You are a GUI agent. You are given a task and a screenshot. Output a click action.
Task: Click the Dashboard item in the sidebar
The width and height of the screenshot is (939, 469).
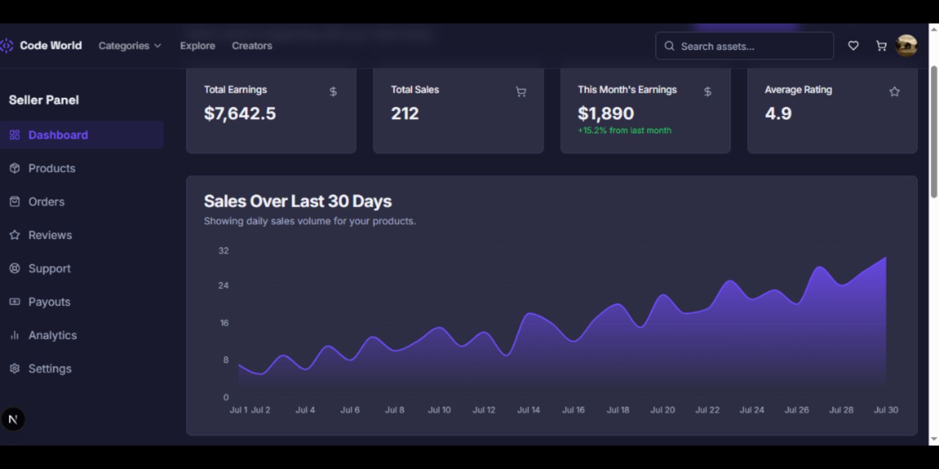click(x=58, y=135)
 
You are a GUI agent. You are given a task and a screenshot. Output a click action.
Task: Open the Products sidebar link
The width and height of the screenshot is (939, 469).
click(x=52, y=168)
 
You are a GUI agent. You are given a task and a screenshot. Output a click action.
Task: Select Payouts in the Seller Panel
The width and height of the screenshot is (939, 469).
click(x=49, y=302)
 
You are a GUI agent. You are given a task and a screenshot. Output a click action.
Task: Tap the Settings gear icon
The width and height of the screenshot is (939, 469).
click(x=15, y=369)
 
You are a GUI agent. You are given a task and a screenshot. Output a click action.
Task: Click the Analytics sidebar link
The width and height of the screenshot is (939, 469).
click(x=52, y=335)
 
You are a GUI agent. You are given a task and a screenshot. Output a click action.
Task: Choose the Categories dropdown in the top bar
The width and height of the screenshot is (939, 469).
click(x=130, y=46)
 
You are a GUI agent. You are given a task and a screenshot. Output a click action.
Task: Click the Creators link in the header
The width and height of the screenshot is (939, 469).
click(x=252, y=46)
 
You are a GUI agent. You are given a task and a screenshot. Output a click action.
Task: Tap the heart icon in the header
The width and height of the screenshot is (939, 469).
click(x=853, y=46)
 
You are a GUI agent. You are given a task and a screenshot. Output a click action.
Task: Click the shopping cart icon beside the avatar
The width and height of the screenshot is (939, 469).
click(x=881, y=46)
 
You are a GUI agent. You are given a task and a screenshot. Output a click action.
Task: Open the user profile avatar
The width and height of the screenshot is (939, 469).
click(x=907, y=46)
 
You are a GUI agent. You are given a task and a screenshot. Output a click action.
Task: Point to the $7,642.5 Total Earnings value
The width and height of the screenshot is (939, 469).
click(x=240, y=114)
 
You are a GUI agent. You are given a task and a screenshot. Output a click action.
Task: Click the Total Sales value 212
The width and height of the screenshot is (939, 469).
click(x=405, y=114)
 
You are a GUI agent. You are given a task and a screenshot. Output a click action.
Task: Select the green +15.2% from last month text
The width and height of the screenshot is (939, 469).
click(x=624, y=131)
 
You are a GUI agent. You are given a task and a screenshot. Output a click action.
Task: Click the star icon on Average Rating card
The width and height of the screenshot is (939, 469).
click(x=894, y=91)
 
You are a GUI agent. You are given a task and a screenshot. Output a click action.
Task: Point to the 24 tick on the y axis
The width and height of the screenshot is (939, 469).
click(x=224, y=286)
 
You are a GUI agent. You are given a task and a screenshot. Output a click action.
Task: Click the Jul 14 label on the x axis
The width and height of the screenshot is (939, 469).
click(x=528, y=410)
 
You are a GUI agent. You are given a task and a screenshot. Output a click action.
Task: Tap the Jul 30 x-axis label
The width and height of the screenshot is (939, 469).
click(x=886, y=410)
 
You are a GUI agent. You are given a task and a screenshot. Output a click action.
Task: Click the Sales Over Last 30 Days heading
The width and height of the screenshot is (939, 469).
click(x=298, y=202)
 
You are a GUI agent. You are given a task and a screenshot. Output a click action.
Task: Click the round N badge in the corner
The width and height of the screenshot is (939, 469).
click(x=13, y=419)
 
